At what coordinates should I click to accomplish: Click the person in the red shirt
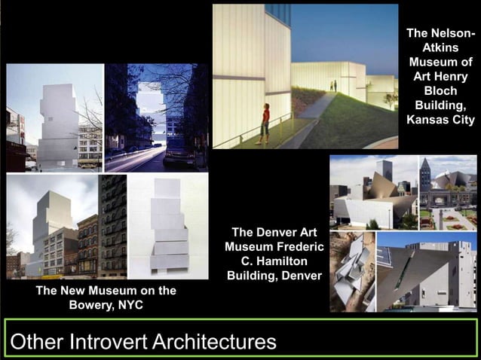pos(264,123)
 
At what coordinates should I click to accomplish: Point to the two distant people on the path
pos(333,86)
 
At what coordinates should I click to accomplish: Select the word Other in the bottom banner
pos(37,342)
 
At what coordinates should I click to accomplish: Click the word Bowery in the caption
pos(97,305)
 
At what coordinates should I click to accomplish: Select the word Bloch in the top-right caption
pos(440,90)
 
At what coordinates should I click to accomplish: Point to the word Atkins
pos(440,47)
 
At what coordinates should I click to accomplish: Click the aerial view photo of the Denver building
pos(352,271)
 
